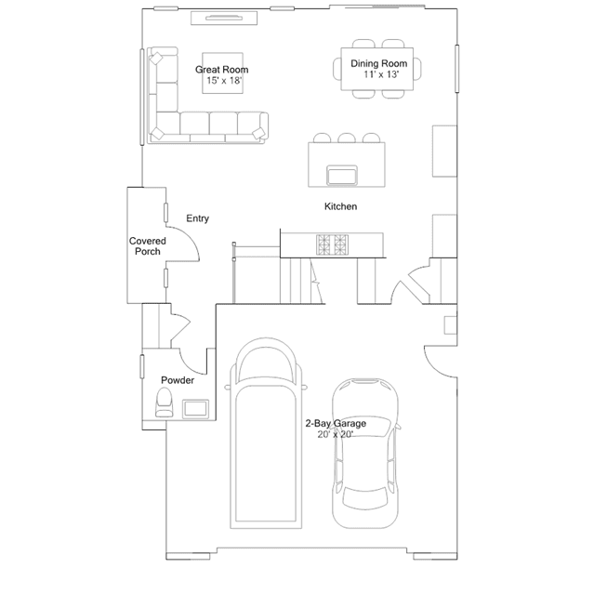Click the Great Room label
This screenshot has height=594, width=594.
221,70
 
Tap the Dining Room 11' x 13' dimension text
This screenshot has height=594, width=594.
381,74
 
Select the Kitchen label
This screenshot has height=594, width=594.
340,206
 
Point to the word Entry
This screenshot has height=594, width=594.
197,218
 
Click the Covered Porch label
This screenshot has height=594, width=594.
148,246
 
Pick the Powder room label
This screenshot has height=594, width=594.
178,380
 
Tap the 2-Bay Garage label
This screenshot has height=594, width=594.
336,423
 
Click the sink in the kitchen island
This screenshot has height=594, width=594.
342,176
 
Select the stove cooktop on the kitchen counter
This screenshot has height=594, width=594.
332,244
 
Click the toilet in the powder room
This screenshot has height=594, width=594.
164,403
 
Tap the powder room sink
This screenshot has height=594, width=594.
195,409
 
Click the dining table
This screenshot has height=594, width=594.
376,69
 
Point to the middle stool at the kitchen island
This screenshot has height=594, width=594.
346,138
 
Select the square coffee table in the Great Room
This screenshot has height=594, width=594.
222,73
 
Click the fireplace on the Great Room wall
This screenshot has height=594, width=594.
224,18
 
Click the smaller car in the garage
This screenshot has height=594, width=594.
365,453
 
